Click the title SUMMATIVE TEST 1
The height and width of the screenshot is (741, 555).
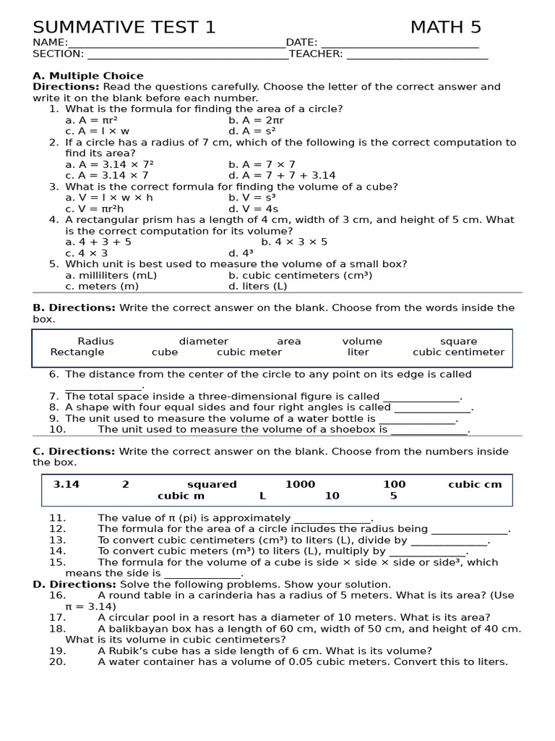(124, 27)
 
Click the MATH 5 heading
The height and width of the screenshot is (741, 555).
(445, 27)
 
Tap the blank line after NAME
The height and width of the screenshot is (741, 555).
(176, 43)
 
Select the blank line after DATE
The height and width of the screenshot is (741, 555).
(400, 43)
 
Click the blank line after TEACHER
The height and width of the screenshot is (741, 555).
(417, 54)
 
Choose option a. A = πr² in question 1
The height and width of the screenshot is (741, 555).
(92, 120)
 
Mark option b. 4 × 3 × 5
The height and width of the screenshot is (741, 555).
(294, 242)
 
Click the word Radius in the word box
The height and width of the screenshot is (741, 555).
(95, 342)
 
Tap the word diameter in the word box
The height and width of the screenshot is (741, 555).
(204, 342)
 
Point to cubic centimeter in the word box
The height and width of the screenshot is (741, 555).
(458, 352)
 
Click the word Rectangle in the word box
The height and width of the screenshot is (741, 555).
(77, 352)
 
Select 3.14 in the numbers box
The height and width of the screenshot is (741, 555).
(66, 485)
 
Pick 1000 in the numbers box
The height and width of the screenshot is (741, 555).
(300, 485)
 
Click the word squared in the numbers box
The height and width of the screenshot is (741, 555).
(212, 485)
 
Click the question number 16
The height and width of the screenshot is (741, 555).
(58, 596)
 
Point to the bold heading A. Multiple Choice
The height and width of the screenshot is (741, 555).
(88, 76)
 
